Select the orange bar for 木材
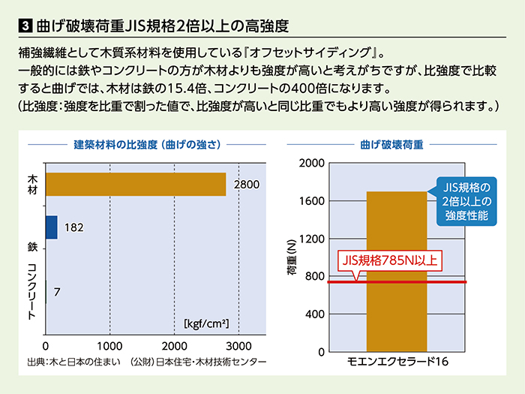pyautogui.click(x=136, y=184)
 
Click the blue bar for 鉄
pyautogui.click(x=52, y=227)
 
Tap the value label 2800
pyautogui.click(x=247, y=185)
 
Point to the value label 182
pyautogui.click(x=73, y=227)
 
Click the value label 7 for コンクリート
pyautogui.click(x=57, y=292)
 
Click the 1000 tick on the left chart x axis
pyautogui.click(x=110, y=346)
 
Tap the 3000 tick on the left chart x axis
pyautogui.click(x=238, y=346)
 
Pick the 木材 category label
pyautogui.click(x=32, y=185)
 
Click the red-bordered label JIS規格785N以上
pyautogui.click(x=389, y=261)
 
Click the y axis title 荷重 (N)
pyautogui.click(x=292, y=257)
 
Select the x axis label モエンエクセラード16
pyautogui.click(x=397, y=362)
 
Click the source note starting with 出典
pyautogui.click(x=146, y=362)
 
